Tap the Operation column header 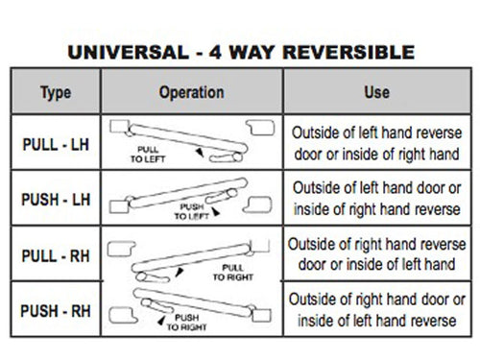coord(190,93)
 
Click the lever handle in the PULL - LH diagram coord(192,136)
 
